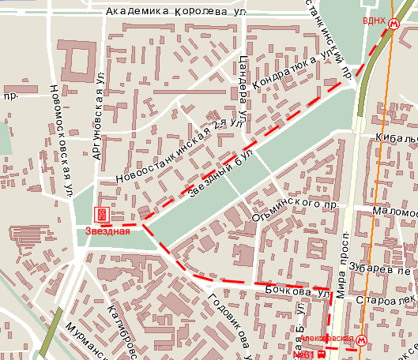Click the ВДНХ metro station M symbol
click(393, 24)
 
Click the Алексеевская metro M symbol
click(361, 340)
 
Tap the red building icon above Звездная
click(101, 214)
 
